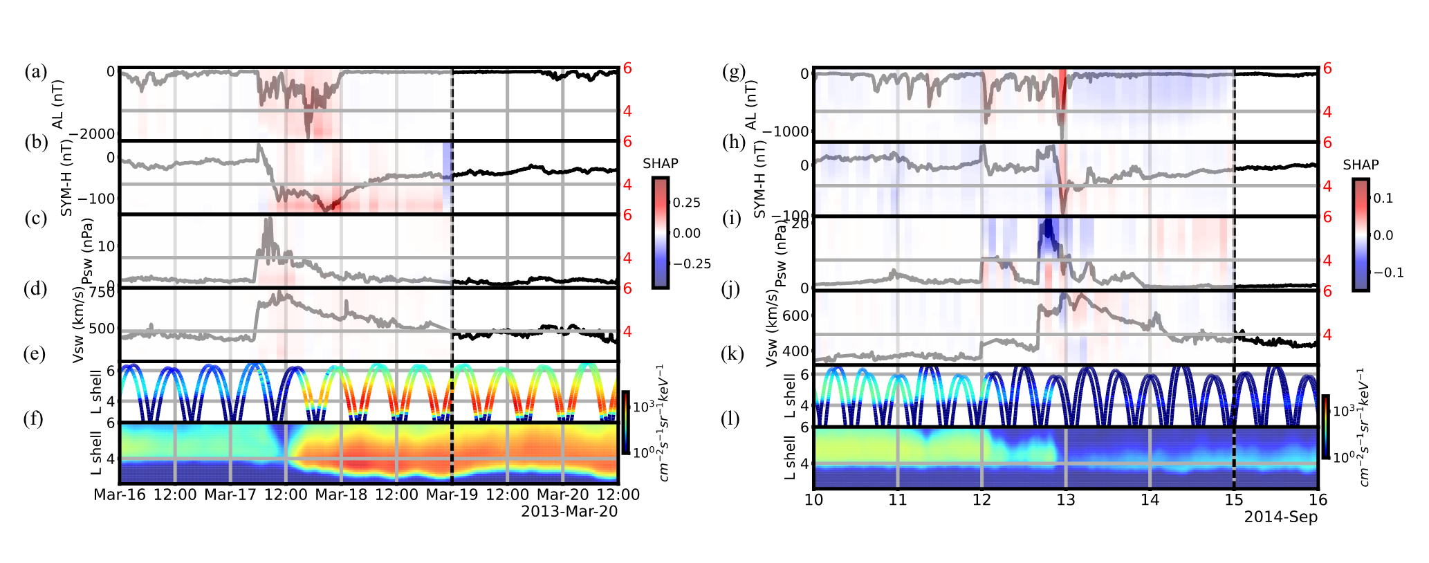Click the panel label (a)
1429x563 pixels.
tap(35, 72)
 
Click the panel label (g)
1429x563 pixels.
tap(733, 72)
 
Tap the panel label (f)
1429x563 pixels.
tap(35, 418)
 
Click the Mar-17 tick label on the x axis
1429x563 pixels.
tap(230, 495)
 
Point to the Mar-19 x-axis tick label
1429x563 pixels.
tap(452, 495)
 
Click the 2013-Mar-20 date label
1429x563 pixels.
tap(569, 512)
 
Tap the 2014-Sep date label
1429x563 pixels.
tap(1281, 517)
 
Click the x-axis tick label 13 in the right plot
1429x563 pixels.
tap(1066, 499)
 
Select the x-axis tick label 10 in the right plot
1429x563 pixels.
tap(814, 499)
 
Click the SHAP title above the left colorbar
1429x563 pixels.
tap(661, 164)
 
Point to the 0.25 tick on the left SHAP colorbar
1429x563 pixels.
tap(687, 203)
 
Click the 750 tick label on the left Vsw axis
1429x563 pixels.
tap(102, 293)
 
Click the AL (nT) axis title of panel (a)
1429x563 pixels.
tap(58, 104)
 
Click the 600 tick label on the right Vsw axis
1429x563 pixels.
tap(795, 316)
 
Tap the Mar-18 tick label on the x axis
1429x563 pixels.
tap(341, 495)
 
